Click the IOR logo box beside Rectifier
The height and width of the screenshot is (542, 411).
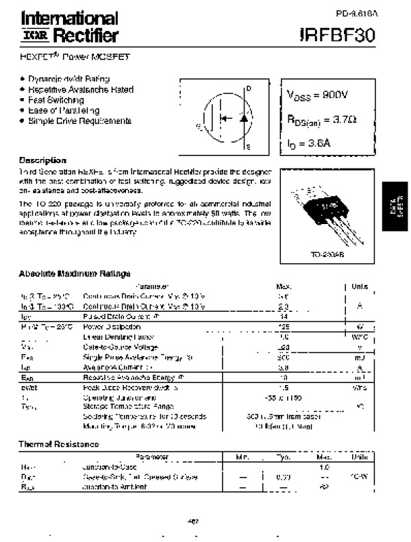32,34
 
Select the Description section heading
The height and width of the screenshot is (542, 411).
42,160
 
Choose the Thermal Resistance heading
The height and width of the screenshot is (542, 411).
58,445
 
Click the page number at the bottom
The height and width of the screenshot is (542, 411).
193,521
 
